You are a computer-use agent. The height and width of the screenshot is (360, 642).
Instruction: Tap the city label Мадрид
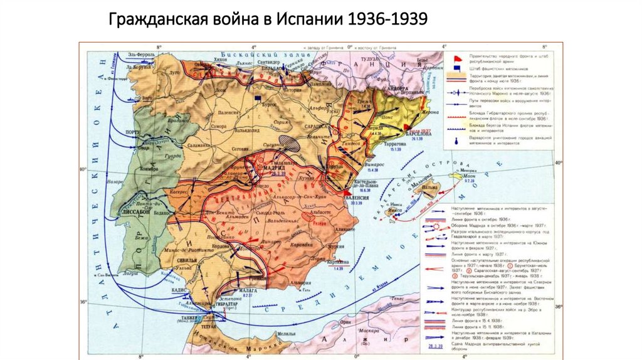coord(274,167)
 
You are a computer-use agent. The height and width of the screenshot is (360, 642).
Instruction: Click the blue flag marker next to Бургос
coord(258,97)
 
